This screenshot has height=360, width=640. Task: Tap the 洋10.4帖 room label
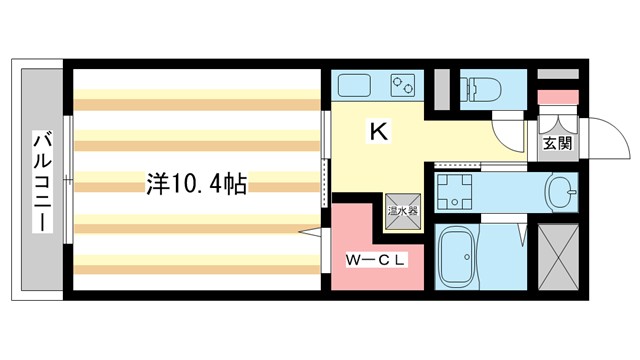coord(197,184)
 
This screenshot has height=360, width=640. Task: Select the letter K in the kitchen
coord(379,129)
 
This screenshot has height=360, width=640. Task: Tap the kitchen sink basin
coord(353,85)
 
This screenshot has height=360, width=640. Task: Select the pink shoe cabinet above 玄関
coord(557,97)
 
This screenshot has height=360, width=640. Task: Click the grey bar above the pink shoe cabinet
coord(557,74)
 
